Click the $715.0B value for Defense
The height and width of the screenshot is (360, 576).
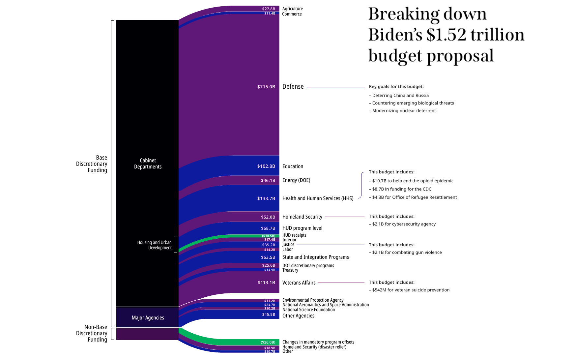click(x=266, y=87)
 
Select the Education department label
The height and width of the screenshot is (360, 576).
click(x=293, y=166)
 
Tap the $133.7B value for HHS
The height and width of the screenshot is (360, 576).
click(x=266, y=198)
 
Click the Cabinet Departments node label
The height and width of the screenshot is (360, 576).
click(x=148, y=164)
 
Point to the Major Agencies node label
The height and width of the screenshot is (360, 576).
click(x=148, y=318)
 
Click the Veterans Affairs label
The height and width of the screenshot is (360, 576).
click(x=299, y=283)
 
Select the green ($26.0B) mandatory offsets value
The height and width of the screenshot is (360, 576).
click(x=268, y=342)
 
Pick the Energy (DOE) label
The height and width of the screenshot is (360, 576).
click(x=296, y=180)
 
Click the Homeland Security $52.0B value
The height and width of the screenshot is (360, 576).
click(x=268, y=217)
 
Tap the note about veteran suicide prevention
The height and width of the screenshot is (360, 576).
click(x=411, y=290)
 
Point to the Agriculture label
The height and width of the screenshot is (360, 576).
click(x=292, y=9)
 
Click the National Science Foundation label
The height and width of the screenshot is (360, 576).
click(x=308, y=310)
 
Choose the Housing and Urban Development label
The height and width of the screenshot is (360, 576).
click(x=154, y=245)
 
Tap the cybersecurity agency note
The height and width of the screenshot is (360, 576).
click(x=404, y=224)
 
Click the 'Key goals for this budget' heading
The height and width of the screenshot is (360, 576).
click(x=396, y=87)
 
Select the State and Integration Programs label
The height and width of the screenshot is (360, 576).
click(x=315, y=257)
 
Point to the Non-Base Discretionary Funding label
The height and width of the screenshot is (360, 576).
click(x=92, y=333)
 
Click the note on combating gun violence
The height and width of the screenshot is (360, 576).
click(x=407, y=253)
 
